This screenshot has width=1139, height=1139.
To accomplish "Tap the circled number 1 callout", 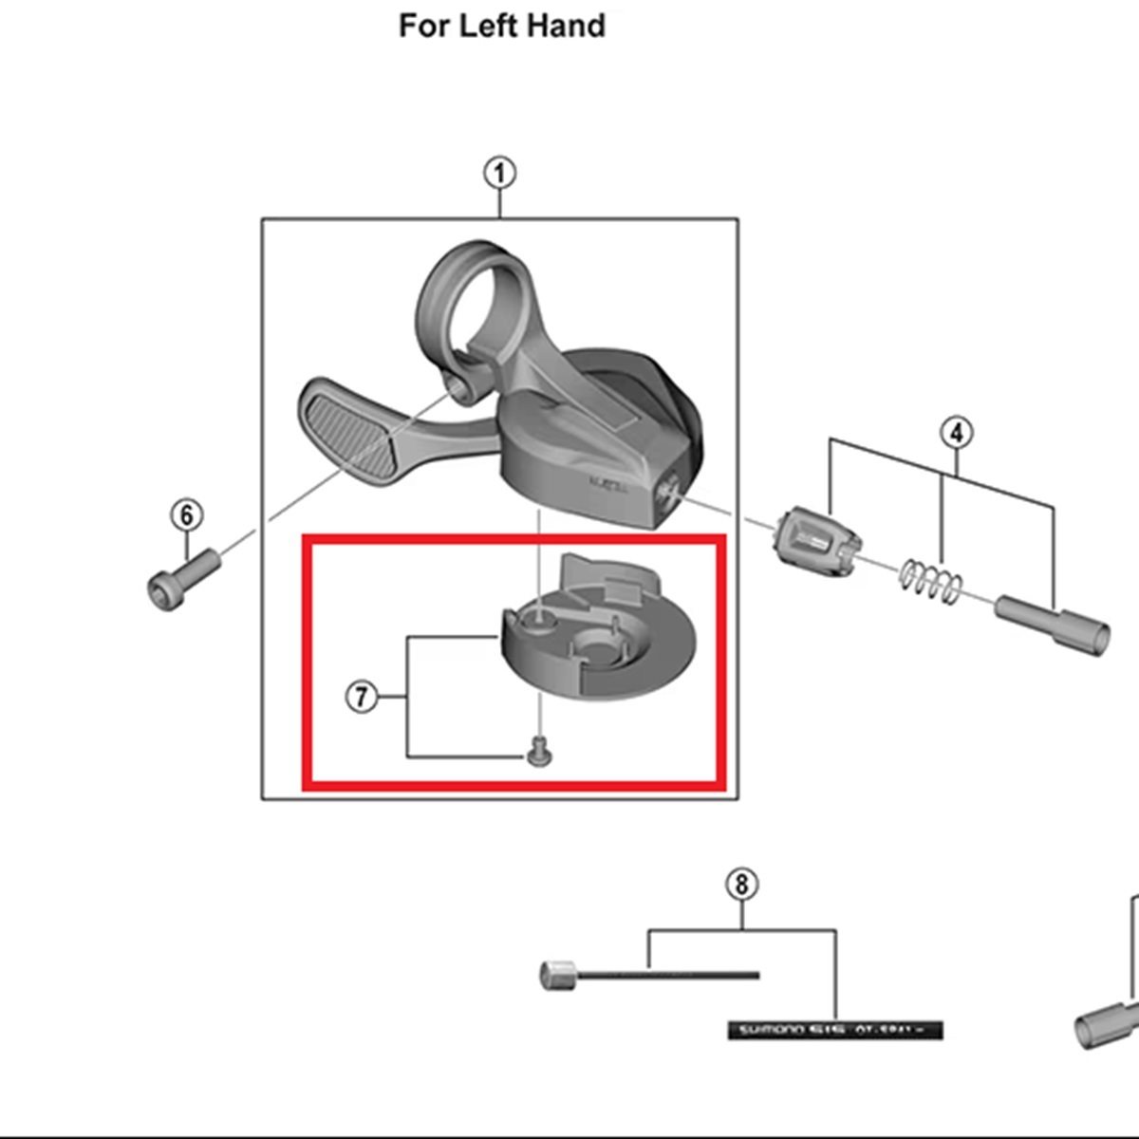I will click(x=500, y=174).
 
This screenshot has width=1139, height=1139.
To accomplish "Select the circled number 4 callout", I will click(x=956, y=433).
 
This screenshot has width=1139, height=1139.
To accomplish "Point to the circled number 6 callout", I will click(x=187, y=515).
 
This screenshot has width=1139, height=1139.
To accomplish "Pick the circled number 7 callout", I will click(x=361, y=698).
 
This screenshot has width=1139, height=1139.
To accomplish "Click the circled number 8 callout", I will click(x=741, y=885).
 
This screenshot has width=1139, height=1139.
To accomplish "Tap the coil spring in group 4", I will click(x=932, y=582).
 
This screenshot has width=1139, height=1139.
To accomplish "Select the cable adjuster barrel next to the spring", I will click(x=818, y=544).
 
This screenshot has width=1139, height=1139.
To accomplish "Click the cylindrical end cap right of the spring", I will click(x=1053, y=623).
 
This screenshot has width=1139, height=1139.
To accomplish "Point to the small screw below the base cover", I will click(x=539, y=754).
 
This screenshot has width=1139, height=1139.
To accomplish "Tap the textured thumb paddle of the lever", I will click(x=351, y=427).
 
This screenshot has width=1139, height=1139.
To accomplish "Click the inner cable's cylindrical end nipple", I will click(x=557, y=975).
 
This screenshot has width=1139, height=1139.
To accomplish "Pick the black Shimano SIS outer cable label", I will click(x=835, y=1030).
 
